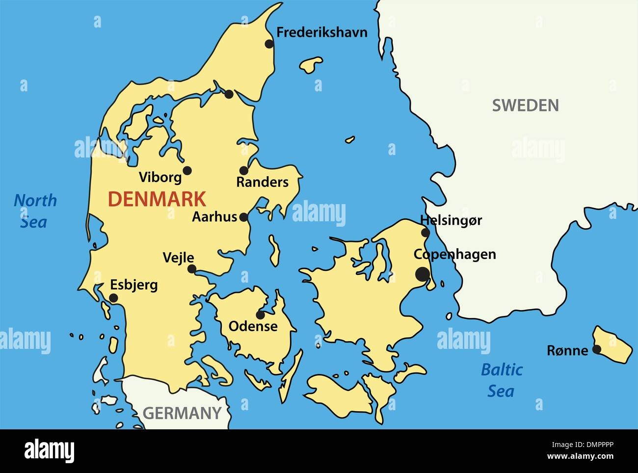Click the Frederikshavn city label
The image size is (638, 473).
[x=321, y=33]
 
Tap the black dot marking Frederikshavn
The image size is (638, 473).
[x=269, y=44]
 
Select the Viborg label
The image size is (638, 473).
[x=160, y=177]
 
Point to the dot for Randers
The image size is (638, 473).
[x=244, y=171]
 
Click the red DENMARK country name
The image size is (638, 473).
[x=157, y=199]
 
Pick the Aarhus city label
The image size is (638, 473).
[x=214, y=217]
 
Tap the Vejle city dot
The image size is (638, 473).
[x=192, y=269]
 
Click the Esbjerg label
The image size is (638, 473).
[x=133, y=285]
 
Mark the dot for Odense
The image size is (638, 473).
[x=260, y=315]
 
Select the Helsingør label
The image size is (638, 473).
[x=451, y=221]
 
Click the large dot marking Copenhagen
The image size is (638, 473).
[x=422, y=274]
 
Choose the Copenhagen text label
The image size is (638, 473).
[x=454, y=254]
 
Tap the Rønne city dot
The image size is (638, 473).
[x=597, y=349]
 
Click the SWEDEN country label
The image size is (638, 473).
[x=525, y=105]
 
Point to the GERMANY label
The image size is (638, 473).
[x=182, y=413]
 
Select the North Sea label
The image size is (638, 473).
[x=35, y=211]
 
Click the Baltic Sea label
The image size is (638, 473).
[x=501, y=380]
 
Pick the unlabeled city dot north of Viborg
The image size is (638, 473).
[x=229, y=94]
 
